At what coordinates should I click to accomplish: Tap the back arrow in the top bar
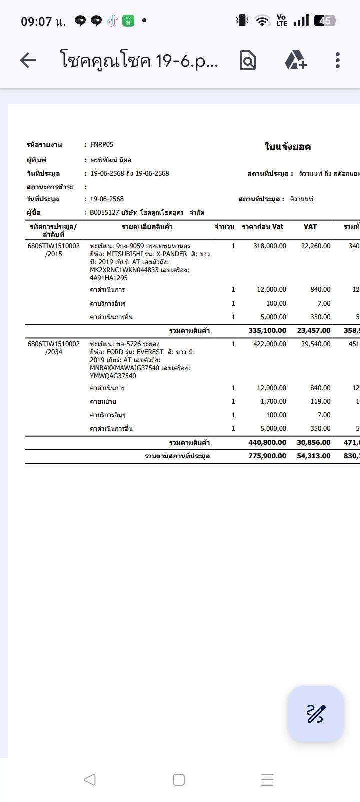(x=28, y=61)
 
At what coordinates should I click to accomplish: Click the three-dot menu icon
(x=338, y=60)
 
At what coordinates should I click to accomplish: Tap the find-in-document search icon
(x=248, y=61)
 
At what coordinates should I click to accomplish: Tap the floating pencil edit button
(x=316, y=713)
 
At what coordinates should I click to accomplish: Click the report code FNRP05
(x=102, y=145)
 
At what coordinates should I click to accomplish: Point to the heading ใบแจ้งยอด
(x=288, y=147)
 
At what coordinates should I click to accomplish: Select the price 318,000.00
(x=270, y=246)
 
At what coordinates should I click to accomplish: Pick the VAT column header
(x=310, y=227)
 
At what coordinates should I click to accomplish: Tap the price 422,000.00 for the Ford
(x=270, y=344)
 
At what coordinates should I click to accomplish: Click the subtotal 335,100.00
(x=267, y=330)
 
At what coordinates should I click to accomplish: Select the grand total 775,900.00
(x=267, y=456)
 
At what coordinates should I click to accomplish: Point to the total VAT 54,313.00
(x=314, y=456)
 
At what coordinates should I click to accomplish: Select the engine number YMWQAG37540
(x=113, y=376)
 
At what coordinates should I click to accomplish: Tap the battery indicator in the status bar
(x=325, y=21)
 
